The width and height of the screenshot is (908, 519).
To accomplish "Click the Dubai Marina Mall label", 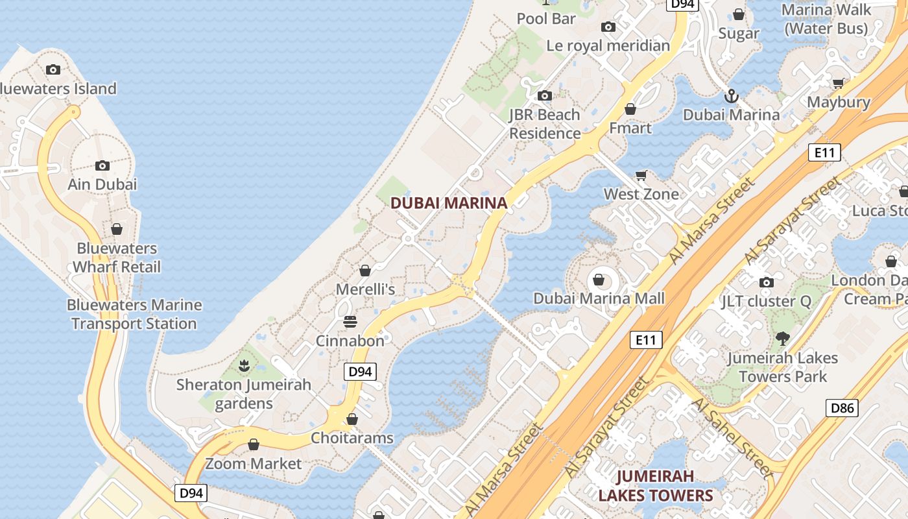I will pyautogui.click(x=599, y=298).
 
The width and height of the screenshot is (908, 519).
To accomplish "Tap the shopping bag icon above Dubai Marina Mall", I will pyautogui.click(x=599, y=280).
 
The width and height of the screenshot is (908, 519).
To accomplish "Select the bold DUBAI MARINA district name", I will pyautogui.click(x=449, y=203).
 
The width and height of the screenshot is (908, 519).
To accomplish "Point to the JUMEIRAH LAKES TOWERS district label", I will pyautogui.click(x=655, y=486).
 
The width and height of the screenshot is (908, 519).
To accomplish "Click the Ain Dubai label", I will pyautogui.click(x=102, y=184).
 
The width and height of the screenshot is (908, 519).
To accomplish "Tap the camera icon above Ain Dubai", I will pyautogui.click(x=102, y=166).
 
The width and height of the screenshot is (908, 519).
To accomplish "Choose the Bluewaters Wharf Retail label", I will pyautogui.click(x=117, y=258).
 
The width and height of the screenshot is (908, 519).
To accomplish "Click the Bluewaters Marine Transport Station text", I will pyautogui.click(x=134, y=314).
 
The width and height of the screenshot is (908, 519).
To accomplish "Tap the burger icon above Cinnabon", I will pyautogui.click(x=350, y=322).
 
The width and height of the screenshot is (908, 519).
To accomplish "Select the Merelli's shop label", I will pyautogui.click(x=365, y=289).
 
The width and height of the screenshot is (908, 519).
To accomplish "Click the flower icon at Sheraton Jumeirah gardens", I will pyautogui.click(x=244, y=366).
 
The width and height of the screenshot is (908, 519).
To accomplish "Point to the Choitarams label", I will pyautogui.click(x=352, y=438).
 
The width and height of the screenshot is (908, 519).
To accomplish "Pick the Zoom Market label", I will pyautogui.click(x=254, y=464).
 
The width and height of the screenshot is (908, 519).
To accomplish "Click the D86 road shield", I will pyautogui.click(x=842, y=408).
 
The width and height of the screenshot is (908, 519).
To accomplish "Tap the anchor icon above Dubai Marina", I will pyautogui.click(x=732, y=97).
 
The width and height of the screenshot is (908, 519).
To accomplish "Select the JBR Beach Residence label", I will pyautogui.click(x=545, y=124).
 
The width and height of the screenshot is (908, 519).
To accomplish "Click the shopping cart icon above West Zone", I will pyautogui.click(x=641, y=175).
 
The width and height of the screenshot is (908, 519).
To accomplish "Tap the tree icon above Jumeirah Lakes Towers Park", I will pyautogui.click(x=783, y=338).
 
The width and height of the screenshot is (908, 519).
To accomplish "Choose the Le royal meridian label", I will pyautogui.click(x=608, y=45).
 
